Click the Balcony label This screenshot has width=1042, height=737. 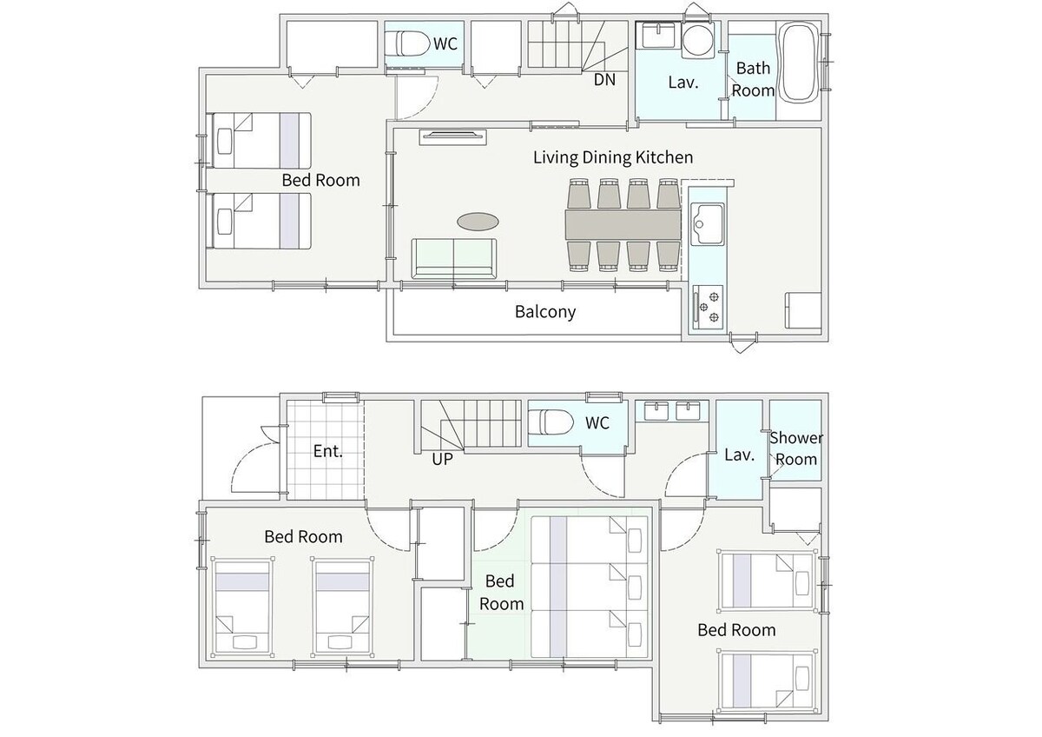[x=545, y=311]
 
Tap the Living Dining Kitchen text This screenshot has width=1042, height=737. [x=613, y=157]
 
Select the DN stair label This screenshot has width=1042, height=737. [x=604, y=80]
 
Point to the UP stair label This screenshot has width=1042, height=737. [x=442, y=459]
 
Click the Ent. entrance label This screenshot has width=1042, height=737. [x=328, y=451]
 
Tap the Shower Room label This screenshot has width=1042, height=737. [x=796, y=448]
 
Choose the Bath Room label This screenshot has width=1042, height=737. [x=753, y=79]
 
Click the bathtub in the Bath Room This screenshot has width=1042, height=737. [x=799, y=62]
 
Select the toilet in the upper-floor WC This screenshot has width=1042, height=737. [x=412, y=44]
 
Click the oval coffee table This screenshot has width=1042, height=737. [x=478, y=222]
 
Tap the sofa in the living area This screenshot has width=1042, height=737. [x=453, y=258]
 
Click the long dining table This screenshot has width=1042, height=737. [x=623, y=225]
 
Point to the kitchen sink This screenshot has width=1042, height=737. [x=707, y=224]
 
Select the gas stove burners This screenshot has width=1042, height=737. [x=709, y=308]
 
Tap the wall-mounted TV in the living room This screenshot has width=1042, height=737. [x=453, y=137]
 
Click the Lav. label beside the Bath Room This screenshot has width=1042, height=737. [x=683, y=83]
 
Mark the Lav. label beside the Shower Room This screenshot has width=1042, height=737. [x=739, y=455]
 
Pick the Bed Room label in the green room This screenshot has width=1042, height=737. [x=501, y=592]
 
